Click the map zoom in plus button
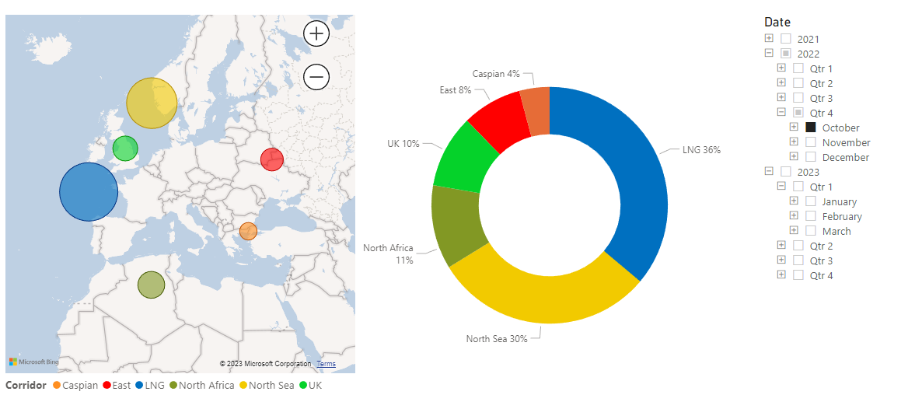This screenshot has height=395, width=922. [316, 33]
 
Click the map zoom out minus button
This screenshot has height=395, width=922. [316, 76]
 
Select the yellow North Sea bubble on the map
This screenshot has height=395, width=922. [152, 103]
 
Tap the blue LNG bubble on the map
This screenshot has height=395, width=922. [89, 192]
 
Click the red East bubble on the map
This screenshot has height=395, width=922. [271, 159]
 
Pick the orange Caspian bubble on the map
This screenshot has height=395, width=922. [248, 231]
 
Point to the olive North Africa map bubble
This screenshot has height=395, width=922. [151, 285]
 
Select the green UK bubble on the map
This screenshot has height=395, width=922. [125, 148]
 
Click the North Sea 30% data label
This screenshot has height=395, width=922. [497, 339]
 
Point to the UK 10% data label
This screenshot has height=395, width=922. [403, 144]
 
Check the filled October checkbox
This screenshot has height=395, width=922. [811, 128]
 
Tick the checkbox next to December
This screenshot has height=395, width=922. [811, 157]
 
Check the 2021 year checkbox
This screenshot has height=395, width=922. [786, 39]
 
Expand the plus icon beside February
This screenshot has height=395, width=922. [794, 216]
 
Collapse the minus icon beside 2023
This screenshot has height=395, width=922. [769, 172]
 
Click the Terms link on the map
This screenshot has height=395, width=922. [327, 364]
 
